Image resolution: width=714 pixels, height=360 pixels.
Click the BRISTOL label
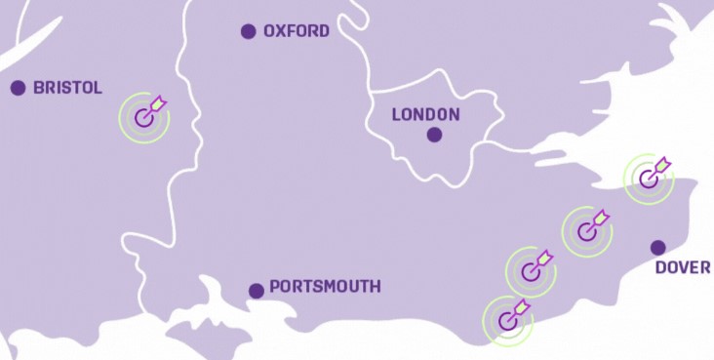pos(67,88)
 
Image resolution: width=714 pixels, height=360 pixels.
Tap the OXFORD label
pos(297,31)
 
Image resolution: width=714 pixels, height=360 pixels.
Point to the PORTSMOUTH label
pos(325,287)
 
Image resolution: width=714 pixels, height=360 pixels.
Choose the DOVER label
pos(683,267)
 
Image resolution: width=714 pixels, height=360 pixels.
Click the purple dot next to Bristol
pos(18,88)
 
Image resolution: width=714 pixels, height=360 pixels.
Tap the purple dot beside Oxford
pos(249,31)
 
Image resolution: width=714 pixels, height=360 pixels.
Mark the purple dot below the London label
pos(434,136)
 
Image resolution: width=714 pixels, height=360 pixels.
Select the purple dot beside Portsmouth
pos(256,290)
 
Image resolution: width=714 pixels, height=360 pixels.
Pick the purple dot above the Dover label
pos(658,247)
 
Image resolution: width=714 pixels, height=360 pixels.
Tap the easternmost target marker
pos(648,178)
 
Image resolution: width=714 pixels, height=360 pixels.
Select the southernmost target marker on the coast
pos(507,320)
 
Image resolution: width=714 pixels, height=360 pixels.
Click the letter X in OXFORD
pos(284,31)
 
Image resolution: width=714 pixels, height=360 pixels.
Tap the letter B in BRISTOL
pos(38,88)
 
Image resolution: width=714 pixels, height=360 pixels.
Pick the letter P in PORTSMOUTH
pos(274,287)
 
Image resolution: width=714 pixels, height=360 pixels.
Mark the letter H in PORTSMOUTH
pos(375,287)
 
